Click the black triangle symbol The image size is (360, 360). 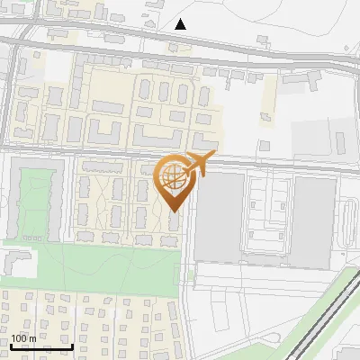(181, 24)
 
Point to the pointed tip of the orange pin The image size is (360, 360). (175, 211)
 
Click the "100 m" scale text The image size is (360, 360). (24, 338)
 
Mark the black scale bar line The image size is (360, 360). (41, 346)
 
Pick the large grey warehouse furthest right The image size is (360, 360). (314, 220)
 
